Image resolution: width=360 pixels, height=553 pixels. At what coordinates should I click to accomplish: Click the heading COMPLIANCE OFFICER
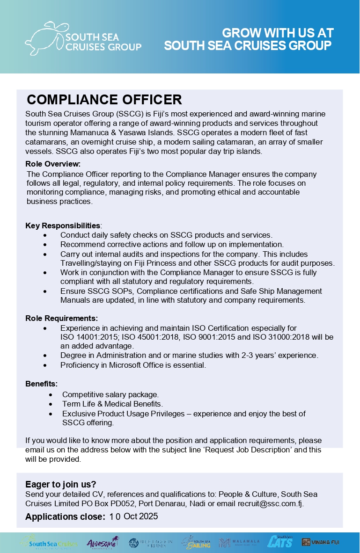pyautogui.click(x=104, y=100)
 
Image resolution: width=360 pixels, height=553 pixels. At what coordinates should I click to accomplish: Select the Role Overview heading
pyautogui.click(x=53, y=164)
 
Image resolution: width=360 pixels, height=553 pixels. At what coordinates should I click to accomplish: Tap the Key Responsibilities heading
pyautogui.click(x=63, y=226)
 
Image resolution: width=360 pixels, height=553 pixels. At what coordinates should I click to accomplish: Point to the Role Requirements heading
pyautogui.click(x=61, y=319)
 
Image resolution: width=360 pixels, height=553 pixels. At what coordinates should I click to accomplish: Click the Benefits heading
pyautogui.click(x=41, y=384)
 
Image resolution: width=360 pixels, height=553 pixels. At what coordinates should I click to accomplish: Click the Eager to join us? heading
pyautogui.click(x=60, y=484)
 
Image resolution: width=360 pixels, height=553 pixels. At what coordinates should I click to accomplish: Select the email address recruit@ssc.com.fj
pyautogui.click(x=271, y=503)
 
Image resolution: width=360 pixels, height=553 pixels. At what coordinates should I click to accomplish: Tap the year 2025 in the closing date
pyautogui.click(x=148, y=517)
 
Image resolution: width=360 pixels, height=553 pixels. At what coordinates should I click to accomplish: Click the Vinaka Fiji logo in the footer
pyautogui.click(x=320, y=542)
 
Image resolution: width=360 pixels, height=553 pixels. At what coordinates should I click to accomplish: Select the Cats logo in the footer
pyautogui.click(x=280, y=542)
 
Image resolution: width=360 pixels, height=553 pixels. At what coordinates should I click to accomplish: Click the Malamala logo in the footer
pyautogui.click(x=239, y=543)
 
